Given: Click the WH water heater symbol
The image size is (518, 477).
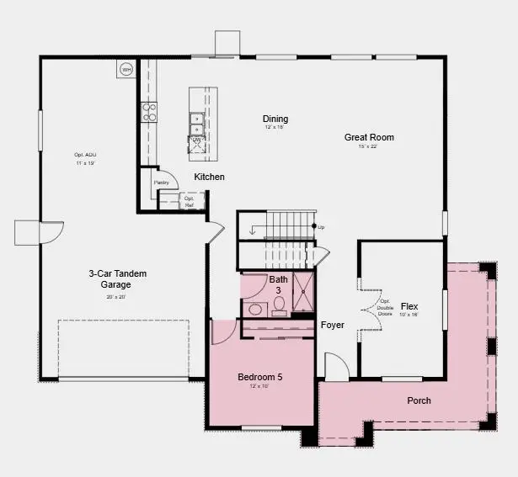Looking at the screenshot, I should pyautogui.click(x=126, y=69).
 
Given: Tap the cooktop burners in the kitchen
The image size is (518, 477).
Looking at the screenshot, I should pyautogui.click(x=149, y=112).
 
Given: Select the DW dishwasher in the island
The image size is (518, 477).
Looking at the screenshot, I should pyautogui.click(x=196, y=140).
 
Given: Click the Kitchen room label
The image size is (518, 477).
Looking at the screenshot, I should pyautogui.click(x=210, y=178).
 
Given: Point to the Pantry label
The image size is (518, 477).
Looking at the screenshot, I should pyautogui.click(x=162, y=183).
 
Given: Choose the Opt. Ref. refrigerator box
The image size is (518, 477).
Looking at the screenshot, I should pyautogui.click(x=189, y=201).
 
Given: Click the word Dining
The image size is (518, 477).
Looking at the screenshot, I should pyautogui.click(x=275, y=119).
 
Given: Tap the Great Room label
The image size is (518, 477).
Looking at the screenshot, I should pyautogui.click(x=369, y=137).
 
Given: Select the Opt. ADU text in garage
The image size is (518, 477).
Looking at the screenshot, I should pyautogui.click(x=85, y=155).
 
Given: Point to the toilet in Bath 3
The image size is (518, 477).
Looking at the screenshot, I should pyautogui.click(x=280, y=305).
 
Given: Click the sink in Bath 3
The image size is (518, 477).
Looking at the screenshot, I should pyautogui.click(x=256, y=310).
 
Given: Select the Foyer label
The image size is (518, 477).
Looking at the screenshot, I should pyautogui.click(x=332, y=325).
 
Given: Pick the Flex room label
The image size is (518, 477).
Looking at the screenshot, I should pyautogui.click(x=409, y=306).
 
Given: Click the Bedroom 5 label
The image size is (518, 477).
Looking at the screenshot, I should pyautogui.click(x=259, y=377).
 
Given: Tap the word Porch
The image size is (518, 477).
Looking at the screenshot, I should pyautogui.click(x=419, y=400).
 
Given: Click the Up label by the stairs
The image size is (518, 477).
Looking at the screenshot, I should pyautogui.click(x=320, y=227).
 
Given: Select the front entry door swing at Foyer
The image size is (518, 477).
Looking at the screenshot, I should pyautogui.click(x=334, y=366).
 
